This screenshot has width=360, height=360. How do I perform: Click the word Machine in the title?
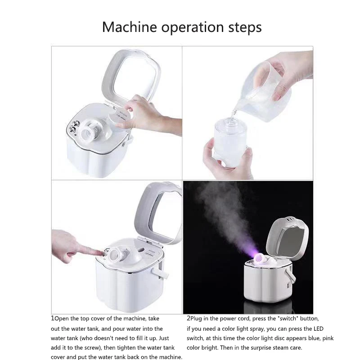130,27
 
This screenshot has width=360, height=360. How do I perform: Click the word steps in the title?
245,27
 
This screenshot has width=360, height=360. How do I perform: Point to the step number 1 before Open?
53,318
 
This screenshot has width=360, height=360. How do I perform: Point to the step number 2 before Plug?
189,318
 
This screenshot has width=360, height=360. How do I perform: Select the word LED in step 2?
319,328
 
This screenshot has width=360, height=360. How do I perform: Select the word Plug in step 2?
196,319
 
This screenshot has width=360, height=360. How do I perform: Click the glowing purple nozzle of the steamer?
260,258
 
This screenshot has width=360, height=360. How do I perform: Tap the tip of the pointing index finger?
103,253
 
